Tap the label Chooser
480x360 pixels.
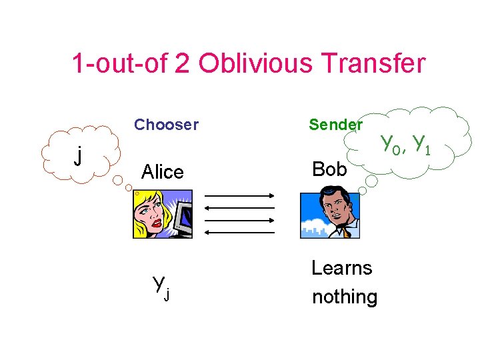coord(166,125)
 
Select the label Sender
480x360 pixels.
coord(335,125)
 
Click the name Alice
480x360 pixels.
coord(162,173)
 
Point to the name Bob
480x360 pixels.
coord(329,169)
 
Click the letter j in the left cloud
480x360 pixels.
coord(79,157)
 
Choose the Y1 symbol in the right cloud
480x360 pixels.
coord(421,143)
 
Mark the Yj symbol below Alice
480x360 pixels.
coord(161,287)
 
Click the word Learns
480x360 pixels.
coord(341,268)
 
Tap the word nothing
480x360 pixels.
coord(344,297)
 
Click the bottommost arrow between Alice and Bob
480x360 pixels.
coord(239,232)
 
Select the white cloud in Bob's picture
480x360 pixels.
coord(313,223)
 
